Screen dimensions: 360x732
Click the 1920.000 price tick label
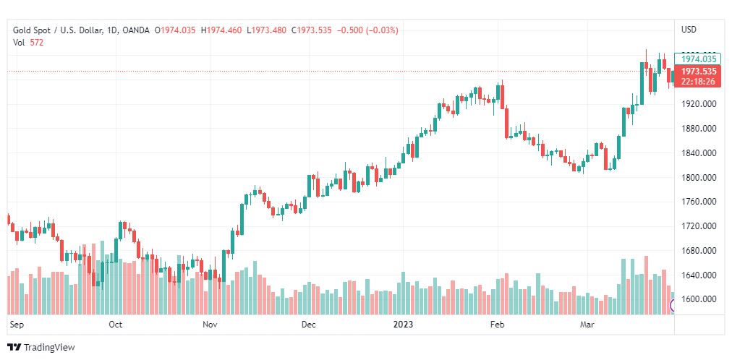tap(699, 104)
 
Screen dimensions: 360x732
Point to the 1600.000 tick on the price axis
tap(699, 299)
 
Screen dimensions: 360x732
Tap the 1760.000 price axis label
tap(699, 202)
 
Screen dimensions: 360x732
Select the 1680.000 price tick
tap(699, 251)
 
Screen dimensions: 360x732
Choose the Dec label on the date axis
tap(308, 325)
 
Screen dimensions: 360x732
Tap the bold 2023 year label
tap(404, 325)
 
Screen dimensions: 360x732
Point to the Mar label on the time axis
tap(587, 325)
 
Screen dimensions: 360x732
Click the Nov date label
tap(210, 325)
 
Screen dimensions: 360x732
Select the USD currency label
tap(689, 30)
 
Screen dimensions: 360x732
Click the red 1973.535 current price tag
tap(699, 72)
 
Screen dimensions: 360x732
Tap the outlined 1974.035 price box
tap(699, 59)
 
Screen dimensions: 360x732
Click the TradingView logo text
tap(49, 348)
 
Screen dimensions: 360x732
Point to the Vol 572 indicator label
tap(28, 43)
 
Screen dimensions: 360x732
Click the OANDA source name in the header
tap(137, 30)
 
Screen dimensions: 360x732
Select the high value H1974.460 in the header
tap(221, 30)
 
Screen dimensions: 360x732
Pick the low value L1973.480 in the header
tap(266, 30)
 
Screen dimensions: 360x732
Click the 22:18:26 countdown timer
tap(699, 82)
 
